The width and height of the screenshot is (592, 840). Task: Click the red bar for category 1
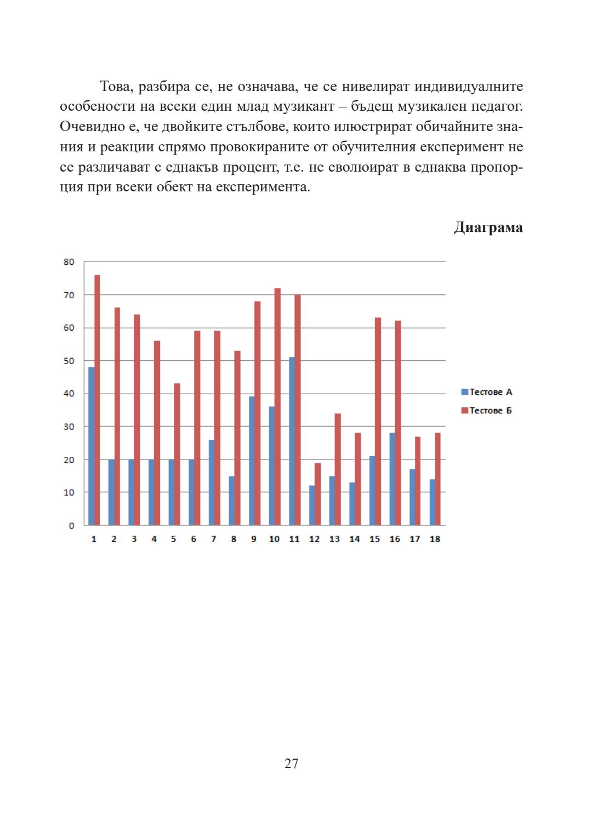coord(97,400)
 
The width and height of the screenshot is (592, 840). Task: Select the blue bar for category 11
coord(292,441)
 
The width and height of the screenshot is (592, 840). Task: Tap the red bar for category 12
coord(317,494)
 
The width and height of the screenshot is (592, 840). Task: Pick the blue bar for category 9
coord(252,461)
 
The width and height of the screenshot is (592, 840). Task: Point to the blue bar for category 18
coord(432,502)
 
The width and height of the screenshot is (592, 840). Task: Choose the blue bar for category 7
coord(212,483)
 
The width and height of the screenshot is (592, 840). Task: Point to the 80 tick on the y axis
coord(69,262)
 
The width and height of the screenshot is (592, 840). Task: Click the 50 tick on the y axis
coord(69,361)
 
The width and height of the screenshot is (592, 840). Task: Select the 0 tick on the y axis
coord(71,526)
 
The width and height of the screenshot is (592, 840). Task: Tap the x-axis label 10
coord(274,539)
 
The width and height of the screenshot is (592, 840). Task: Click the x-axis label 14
coord(355,539)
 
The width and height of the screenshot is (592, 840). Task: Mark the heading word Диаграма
coord(488,228)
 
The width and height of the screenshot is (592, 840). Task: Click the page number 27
coord(291,763)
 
